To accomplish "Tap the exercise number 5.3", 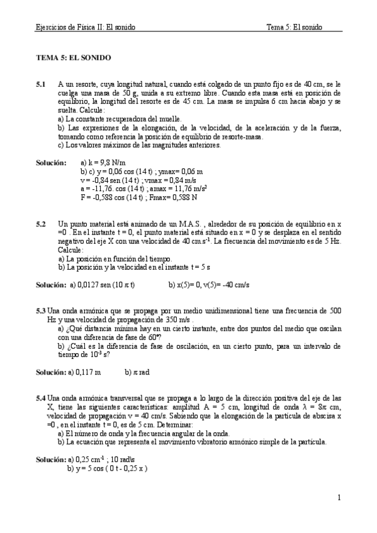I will coord(41,310).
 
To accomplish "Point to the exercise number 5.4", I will coord(41,398).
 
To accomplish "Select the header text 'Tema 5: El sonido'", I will coord(294,27).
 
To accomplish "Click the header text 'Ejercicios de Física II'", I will coord(84,27).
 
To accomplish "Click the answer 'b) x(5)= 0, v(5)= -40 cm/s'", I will coord(209,285).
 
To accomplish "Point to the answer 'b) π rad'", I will coord(137,372).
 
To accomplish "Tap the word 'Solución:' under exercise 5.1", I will coord(51,162).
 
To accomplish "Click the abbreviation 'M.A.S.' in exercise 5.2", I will coord(174,224).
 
